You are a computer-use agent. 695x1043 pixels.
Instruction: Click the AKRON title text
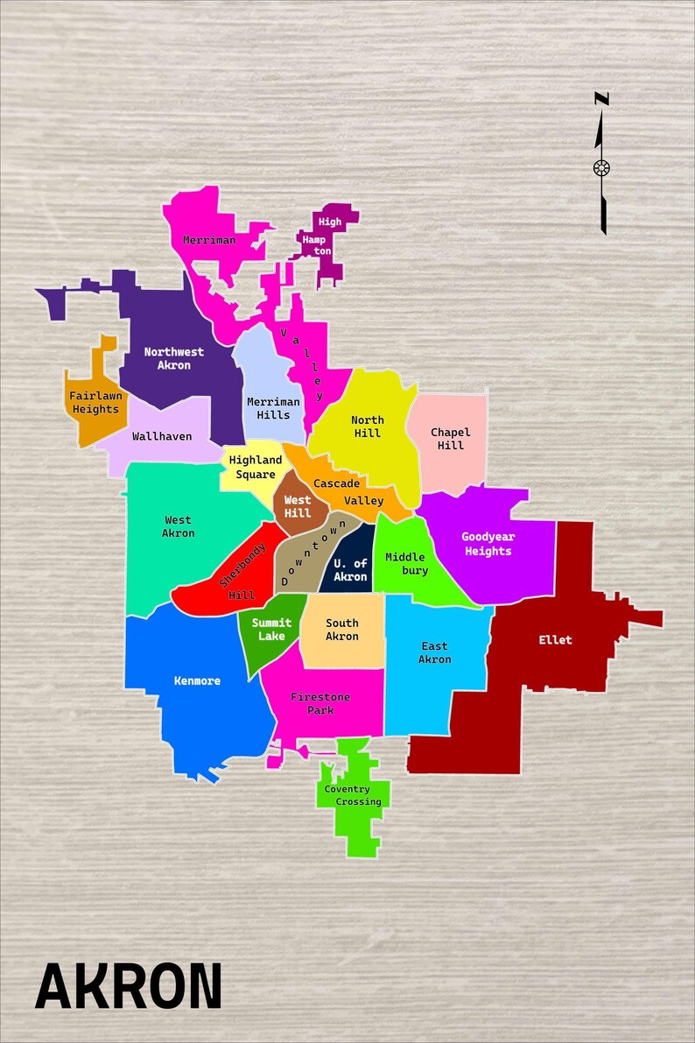[x=128, y=985]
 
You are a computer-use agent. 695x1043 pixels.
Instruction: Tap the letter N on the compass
[x=601, y=99]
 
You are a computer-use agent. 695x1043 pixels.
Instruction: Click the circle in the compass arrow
[x=601, y=168]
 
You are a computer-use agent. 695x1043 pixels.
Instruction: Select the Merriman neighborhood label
[x=209, y=240]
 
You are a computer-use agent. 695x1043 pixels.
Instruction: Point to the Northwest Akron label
[x=174, y=358]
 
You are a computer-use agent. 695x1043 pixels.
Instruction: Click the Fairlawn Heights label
[x=95, y=403]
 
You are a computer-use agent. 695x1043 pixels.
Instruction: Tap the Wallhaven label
[x=162, y=436]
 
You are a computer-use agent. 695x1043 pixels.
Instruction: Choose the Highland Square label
[x=256, y=467]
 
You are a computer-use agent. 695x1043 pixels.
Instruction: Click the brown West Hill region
[x=298, y=506]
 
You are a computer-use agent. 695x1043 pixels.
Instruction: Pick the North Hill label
[x=369, y=426]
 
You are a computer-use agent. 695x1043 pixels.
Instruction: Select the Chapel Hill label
[x=450, y=439]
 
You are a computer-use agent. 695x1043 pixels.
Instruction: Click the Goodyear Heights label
[x=488, y=544]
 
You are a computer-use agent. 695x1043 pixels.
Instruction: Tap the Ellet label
[x=555, y=640]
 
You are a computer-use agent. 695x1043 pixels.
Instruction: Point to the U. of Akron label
[x=350, y=570]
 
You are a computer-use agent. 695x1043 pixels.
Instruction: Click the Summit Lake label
[x=271, y=629]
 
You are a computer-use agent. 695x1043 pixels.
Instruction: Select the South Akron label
[x=342, y=630]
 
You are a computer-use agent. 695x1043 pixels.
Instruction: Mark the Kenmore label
[x=197, y=681]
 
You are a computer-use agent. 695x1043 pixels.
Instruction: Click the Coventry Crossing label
[x=353, y=795]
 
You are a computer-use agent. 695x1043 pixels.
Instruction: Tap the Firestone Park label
[x=320, y=703]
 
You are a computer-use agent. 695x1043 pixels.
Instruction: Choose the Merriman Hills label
[x=273, y=408]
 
